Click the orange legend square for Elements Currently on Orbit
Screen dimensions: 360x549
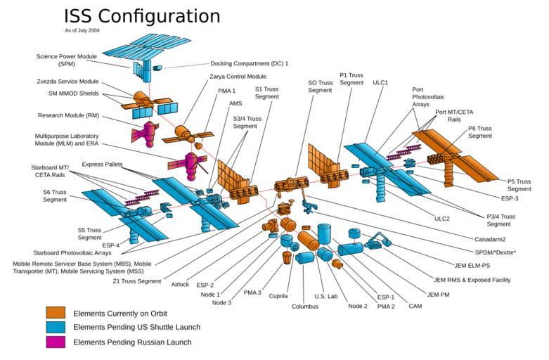[56, 312]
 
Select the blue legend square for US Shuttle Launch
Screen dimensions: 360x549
[56, 327]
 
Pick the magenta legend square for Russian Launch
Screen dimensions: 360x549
[56, 342]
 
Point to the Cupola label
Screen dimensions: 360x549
[278, 296]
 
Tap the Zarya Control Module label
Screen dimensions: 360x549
[238, 76]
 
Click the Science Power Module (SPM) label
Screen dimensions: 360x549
[67, 60]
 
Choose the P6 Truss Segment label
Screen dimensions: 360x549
[480, 132]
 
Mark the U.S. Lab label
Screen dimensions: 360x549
[326, 296]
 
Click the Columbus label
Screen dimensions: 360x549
[305, 307]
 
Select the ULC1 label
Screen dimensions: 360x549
[381, 82]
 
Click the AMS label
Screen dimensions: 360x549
[235, 103]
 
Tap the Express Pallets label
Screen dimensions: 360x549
[103, 164]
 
